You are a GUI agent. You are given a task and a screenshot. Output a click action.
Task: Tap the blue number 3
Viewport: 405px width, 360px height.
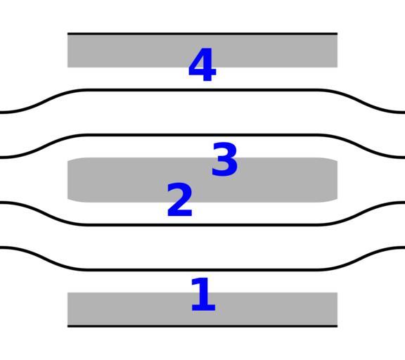click(224, 159)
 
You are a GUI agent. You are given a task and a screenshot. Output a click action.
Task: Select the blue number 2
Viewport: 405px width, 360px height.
click(180, 200)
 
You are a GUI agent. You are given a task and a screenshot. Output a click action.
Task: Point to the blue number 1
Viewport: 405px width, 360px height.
click(203, 295)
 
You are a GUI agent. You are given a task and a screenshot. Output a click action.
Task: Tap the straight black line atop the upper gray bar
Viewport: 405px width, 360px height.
click(202, 34)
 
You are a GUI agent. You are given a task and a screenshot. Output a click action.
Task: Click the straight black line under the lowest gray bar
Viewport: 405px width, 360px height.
click(202, 326)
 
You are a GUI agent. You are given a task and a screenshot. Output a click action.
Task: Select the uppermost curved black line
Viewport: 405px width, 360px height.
click(202, 90)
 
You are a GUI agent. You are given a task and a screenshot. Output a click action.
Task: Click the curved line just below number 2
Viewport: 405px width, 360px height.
click(202, 225)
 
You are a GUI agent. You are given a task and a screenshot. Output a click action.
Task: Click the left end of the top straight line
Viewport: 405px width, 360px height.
click(67, 34)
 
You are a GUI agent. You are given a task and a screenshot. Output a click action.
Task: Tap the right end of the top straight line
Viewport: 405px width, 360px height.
click(337, 34)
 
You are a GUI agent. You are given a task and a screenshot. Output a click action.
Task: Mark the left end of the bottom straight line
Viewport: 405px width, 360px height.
click(67, 326)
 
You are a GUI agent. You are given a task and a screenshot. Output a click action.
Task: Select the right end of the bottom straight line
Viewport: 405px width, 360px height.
click(337, 326)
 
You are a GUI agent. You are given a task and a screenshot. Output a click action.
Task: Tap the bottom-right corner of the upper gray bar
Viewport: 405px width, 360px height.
click(337, 67)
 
